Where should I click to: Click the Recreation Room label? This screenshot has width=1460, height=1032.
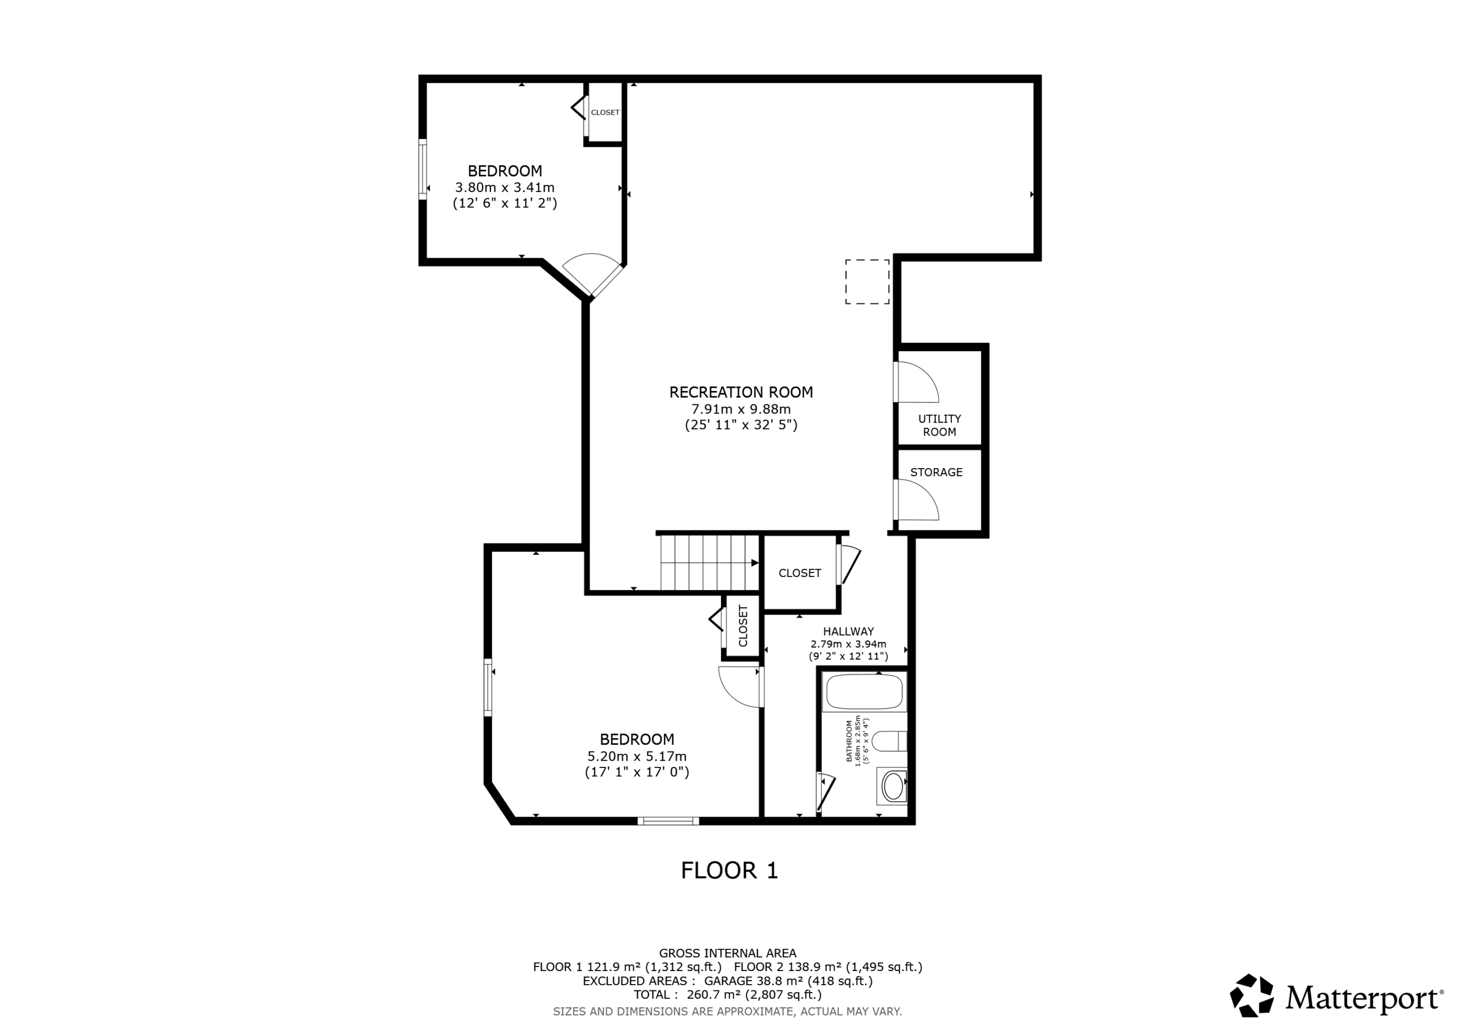tap(741, 392)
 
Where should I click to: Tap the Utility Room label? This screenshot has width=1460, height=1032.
tap(939, 425)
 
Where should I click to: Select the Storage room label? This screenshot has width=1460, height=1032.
tap(936, 473)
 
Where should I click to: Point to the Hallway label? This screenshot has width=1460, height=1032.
tap(848, 631)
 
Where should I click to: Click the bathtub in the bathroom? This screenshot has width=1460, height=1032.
tap(863, 692)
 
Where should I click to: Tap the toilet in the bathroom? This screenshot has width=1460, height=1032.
tap(889, 741)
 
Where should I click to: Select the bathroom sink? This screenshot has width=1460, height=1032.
tap(892, 786)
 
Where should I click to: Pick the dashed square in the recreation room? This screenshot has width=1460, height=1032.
tap(867, 282)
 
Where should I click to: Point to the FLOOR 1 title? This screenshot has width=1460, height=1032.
tap(729, 871)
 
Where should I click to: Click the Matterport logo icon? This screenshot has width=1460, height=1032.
tap(1251, 995)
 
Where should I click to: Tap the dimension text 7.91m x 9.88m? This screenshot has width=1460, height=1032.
tap(741, 409)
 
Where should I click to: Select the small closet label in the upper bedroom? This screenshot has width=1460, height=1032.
tap(605, 112)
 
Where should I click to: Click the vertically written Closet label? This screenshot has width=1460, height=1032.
tap(743, 625)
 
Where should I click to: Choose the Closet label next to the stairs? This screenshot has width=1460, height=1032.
tap(800, 573)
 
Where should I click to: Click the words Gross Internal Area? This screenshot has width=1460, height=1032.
tap(728, 953)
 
